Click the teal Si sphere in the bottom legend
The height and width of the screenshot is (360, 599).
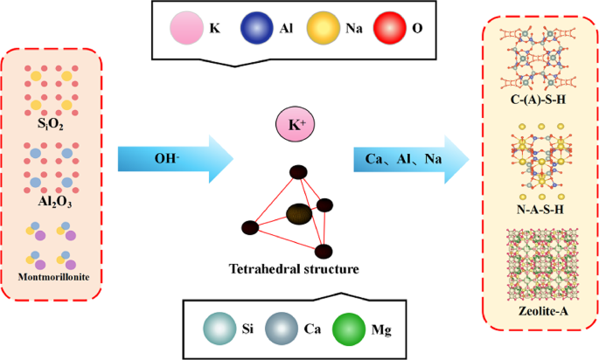tap(220, 330)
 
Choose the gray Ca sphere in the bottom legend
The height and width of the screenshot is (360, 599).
tap(285, 330)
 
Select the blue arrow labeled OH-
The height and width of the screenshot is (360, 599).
tap(175, 159)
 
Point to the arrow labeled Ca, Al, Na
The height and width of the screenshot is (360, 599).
tap(411, 159)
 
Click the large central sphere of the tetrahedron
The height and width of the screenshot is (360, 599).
tap(299, 212)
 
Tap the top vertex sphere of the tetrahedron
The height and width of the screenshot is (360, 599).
tap(298, 172)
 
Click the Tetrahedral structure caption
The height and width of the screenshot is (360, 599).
tap(297, 269)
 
